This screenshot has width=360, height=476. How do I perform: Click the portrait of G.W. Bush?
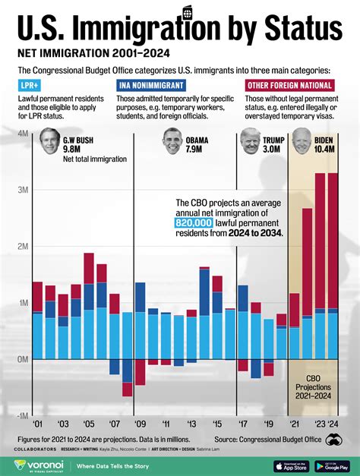click(x=49, y=142)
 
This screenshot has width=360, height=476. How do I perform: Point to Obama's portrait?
click(x=172, y=142)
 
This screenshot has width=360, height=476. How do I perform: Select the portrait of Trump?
click(x=250, y=142)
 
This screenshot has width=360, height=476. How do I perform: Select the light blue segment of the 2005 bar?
click(x=89, y=334)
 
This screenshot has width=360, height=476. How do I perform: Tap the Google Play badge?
click(x=331, y=465)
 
